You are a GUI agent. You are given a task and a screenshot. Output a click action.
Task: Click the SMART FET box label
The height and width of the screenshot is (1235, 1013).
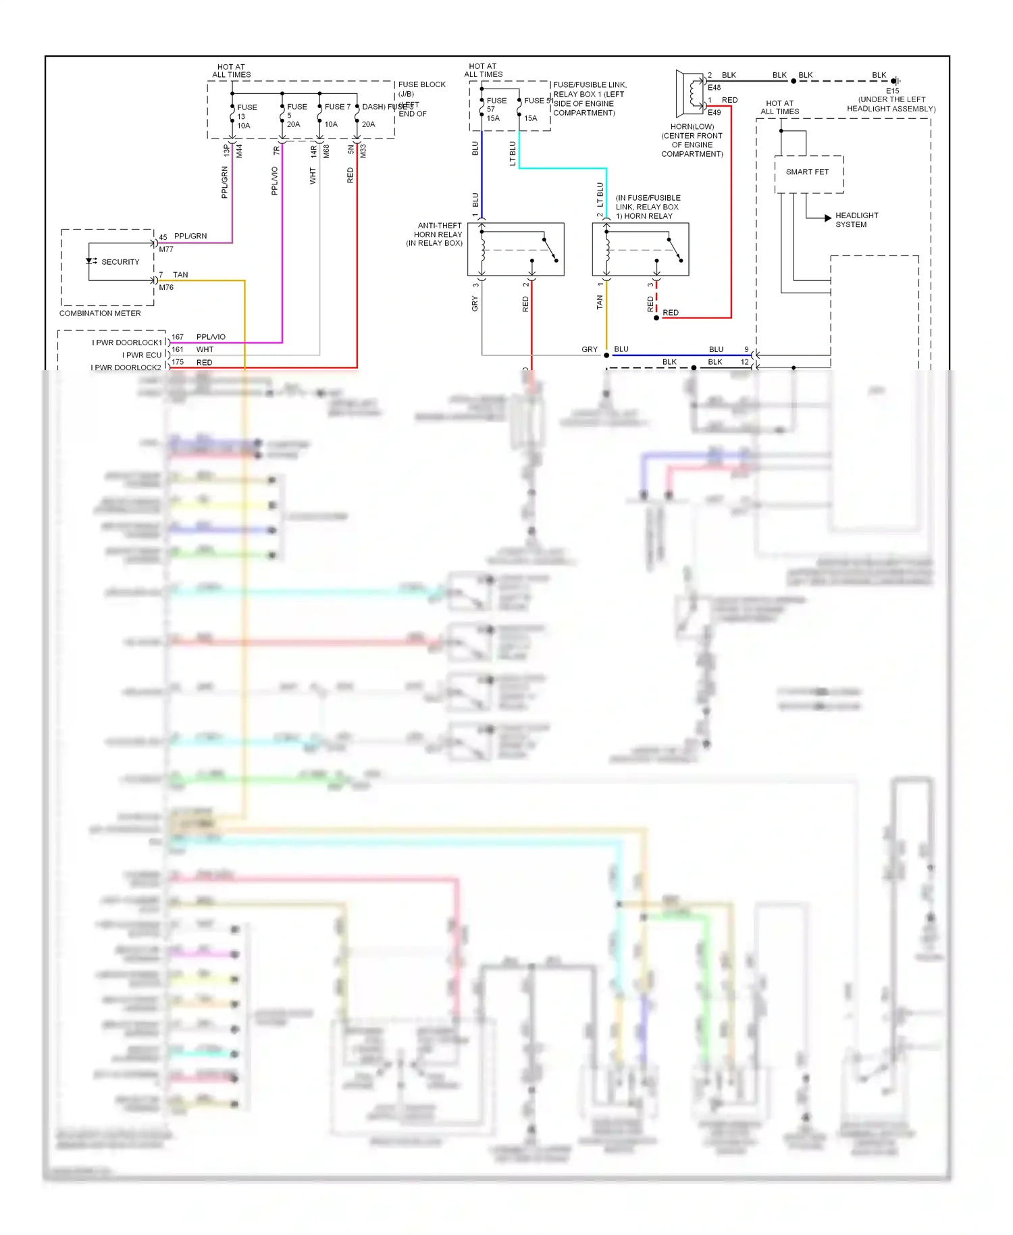tap(807, 172)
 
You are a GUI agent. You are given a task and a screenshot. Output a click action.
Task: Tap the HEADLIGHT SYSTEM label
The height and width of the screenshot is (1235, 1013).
tap(856, 220)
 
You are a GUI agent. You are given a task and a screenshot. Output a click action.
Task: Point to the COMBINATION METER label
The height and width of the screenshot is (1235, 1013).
tap(100, 313)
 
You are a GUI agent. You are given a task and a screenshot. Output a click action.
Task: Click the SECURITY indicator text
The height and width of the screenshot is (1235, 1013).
tap(120, 262)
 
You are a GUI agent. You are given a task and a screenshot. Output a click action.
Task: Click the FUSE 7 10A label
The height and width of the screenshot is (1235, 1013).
tap(336, 115)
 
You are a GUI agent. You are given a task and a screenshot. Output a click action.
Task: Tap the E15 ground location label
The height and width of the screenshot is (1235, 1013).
tap(892, 91)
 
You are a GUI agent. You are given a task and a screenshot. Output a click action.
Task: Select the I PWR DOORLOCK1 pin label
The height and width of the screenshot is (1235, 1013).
tap(127, 343)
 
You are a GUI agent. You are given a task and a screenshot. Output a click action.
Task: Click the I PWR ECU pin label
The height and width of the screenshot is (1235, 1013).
tap(142, 355)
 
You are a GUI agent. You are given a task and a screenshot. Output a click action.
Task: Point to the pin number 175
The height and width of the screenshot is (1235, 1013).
tap(178, 362)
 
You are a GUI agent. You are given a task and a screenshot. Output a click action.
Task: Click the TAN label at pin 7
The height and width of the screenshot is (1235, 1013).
tap(180, 275)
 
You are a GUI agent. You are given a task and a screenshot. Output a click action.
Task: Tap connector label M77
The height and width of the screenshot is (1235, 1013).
tap(166, 249)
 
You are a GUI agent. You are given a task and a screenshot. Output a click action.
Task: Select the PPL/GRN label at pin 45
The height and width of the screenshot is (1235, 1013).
tap(190, 236)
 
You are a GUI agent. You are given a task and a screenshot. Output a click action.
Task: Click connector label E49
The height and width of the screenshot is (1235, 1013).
tap(714, 113)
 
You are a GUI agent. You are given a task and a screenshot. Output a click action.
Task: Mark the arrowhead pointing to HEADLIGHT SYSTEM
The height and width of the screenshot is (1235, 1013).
tap(827, 218)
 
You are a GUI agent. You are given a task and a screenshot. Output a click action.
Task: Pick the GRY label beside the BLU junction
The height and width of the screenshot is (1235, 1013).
tap(589, 350)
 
